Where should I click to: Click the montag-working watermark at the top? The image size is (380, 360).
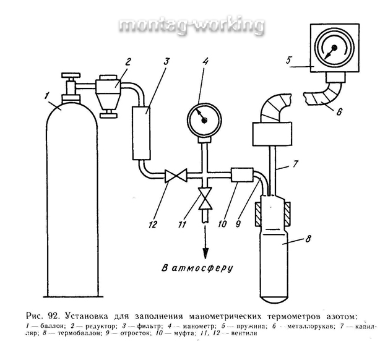pyautogui.click(x=190, y=26)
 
